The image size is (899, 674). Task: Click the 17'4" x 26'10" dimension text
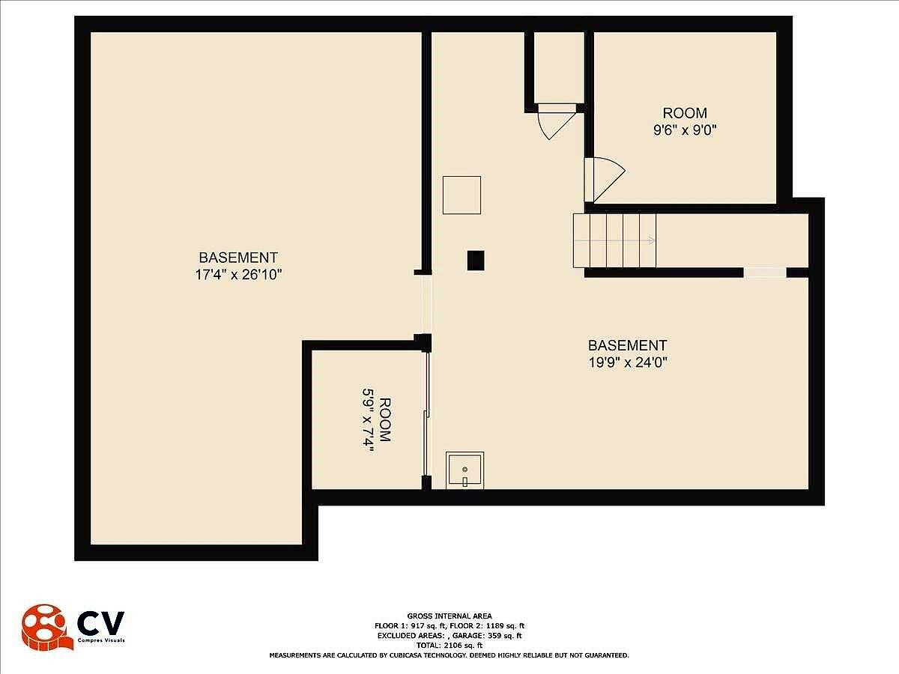(238, 275)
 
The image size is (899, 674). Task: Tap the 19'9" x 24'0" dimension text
(628, 362)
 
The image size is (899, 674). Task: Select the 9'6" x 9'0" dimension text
(685, 130)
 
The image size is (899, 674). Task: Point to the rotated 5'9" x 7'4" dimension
(368, 420)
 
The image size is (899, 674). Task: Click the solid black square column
(476, 261)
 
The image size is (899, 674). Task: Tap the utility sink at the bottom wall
(465, 470)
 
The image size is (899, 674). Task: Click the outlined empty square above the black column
(462, 195)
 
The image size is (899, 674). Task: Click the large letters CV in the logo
(100, 623)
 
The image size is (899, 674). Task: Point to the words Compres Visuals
(101, 640)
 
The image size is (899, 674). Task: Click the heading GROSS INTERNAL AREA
(449, 616)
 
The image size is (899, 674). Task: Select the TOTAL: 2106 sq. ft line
(449, 646)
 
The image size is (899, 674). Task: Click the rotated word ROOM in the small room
(385, 419)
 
